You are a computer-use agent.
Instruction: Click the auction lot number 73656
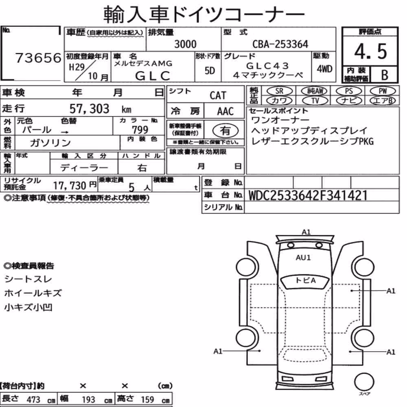[38, 58]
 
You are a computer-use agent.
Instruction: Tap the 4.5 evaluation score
[370, 51]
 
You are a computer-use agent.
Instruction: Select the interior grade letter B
[385, 75]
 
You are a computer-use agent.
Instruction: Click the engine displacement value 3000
[185, 44]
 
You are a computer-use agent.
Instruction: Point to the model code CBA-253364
[280, 44]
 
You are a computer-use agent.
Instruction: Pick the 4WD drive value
[324, 69]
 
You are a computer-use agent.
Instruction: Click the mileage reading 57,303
[89, 109]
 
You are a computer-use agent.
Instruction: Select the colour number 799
[140, 129]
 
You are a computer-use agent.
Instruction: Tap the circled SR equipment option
[279, 91]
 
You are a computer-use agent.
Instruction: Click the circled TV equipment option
[315, 100]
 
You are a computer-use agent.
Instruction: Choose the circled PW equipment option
[383, 91]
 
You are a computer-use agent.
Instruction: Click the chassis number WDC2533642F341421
[308, 195]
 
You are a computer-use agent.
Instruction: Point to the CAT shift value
[218, 96]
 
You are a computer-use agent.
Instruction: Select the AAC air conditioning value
[225, 112]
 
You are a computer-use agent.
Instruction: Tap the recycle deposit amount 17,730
[70, 186]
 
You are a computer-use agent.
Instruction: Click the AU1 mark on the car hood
[303, 258]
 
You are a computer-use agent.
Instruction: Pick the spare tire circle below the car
[364, 382]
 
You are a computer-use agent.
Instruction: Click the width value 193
[88, 400]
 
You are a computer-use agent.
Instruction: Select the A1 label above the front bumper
[306, 232]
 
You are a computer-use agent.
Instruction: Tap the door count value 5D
[210, 70]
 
